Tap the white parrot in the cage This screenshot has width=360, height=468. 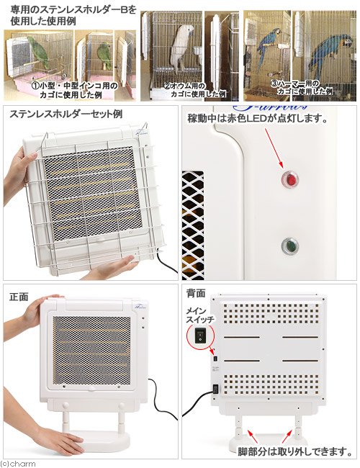coord(186,50)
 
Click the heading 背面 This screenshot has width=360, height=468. coord(196,294)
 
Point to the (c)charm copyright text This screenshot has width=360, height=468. coord(17,463)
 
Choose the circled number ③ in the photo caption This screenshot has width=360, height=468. coord(276,83)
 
